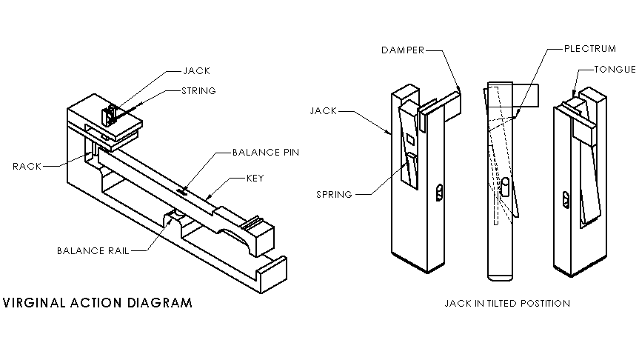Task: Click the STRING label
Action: [198, 91]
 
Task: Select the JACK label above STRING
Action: [196, 71]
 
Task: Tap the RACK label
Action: [27, 166]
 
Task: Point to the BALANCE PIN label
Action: [265, 153]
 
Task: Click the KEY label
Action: [255, 179]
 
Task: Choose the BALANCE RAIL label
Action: [93, 250]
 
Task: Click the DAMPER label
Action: [403, 50]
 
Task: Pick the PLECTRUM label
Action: [589, 49]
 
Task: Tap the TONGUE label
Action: [615, 70]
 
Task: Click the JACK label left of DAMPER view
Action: [323, 110]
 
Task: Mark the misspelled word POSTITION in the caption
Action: [544, 303]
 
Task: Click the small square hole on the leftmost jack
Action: [409, 139]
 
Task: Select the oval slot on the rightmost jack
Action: [566, 198]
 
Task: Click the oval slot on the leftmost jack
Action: [438, 193]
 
